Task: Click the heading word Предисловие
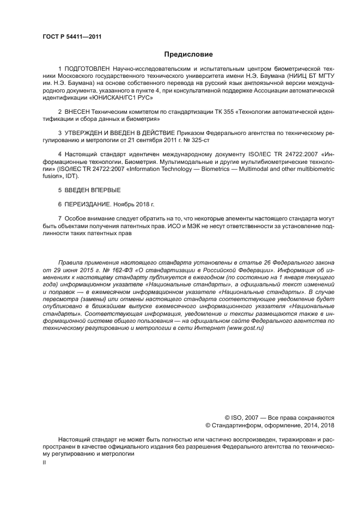click(x=188, y=54)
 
